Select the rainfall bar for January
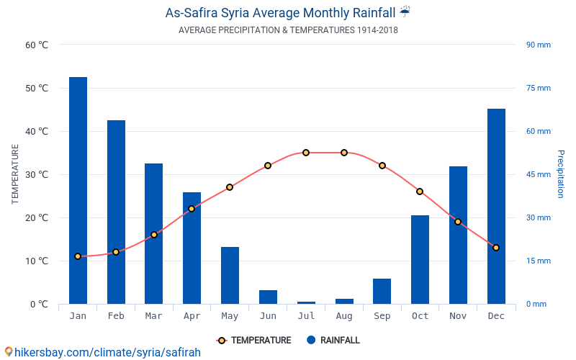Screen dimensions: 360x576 78,190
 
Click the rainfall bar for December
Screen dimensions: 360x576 496,206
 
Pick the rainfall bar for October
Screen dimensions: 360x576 420,259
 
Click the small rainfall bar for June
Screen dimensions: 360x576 268,297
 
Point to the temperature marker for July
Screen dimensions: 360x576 306,153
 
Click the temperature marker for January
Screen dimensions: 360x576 78,256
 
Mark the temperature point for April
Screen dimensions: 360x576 192,209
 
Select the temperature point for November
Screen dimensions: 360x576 458,222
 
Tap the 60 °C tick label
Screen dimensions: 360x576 37,45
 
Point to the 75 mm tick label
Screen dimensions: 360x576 539,88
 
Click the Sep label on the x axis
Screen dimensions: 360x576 382,316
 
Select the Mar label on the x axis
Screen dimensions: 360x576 153,316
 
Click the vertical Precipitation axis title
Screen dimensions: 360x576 561,174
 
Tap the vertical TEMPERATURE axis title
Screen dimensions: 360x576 15,174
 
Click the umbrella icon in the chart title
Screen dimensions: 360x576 405,12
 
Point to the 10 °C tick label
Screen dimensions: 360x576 37,261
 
